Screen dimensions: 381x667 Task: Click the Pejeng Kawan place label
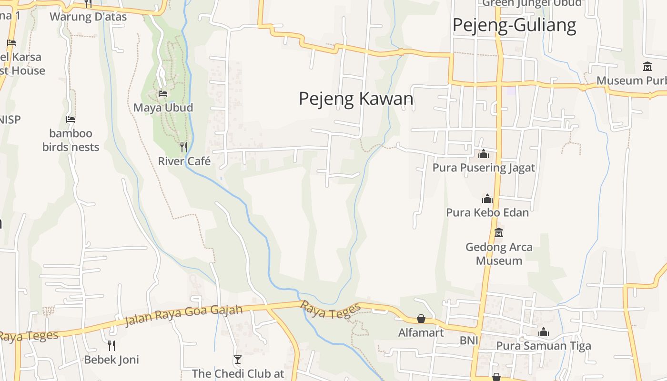(356, 99)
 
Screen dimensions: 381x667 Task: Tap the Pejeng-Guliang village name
(514, 25)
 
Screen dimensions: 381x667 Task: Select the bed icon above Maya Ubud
(163, 94)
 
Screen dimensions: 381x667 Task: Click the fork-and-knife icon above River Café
(184, 147)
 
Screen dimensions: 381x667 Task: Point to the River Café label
(184, 161)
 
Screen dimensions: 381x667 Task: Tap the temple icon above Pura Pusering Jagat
(484, 154)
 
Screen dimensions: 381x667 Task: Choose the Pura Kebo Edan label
(487, 212)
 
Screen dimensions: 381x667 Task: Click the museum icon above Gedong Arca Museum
(499, 233)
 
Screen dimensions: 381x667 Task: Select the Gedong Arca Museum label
(499, 254)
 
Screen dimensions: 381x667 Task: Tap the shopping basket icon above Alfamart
(421, 318)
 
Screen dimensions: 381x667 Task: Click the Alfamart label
(421, 332)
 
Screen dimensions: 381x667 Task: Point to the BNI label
(468, 341)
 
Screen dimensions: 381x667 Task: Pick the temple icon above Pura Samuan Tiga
(544, 332)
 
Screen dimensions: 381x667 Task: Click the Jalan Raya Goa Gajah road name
(183, 316)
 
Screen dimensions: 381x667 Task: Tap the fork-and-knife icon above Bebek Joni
(111, 345)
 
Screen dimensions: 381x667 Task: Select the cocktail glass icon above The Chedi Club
(238, 359)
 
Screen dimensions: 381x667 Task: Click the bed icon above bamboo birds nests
(71, 119)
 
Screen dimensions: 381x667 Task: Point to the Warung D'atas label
(88, 17)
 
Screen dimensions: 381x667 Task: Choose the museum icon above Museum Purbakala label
(647, 67)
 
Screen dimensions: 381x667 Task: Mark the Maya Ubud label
(163, 108)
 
